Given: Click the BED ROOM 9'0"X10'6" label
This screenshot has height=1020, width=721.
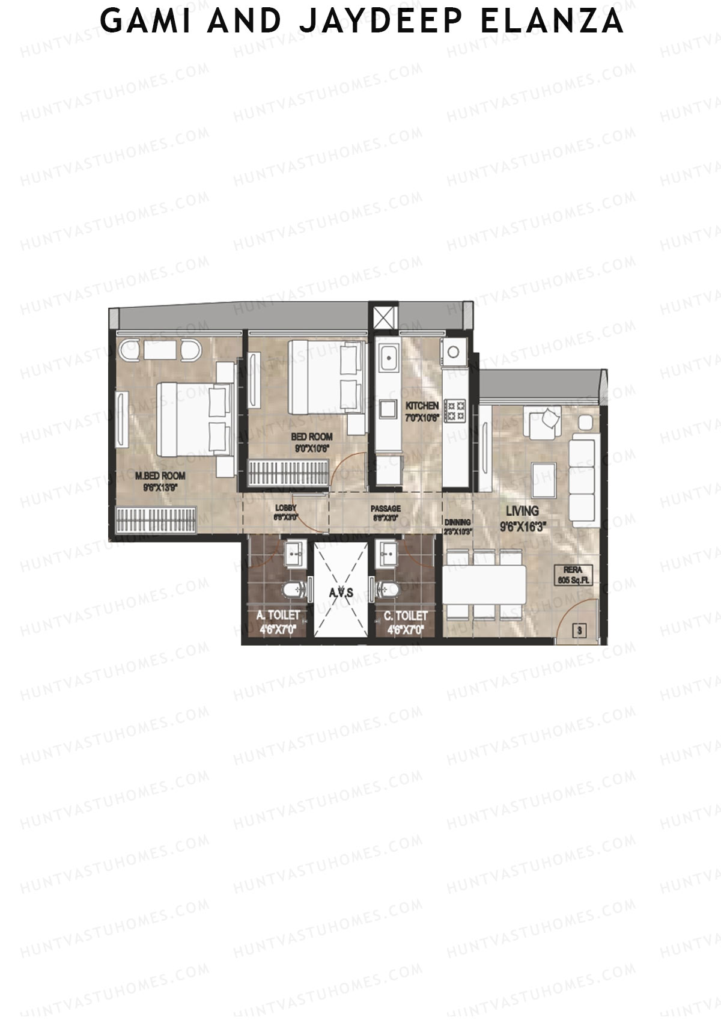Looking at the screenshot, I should coord(311,442).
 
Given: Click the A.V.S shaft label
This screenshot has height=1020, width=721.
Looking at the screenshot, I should coord(341,592).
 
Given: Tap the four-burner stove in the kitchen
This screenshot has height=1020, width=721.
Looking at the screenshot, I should coord(454,411).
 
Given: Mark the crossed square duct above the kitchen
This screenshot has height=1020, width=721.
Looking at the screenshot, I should coord(385,317).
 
